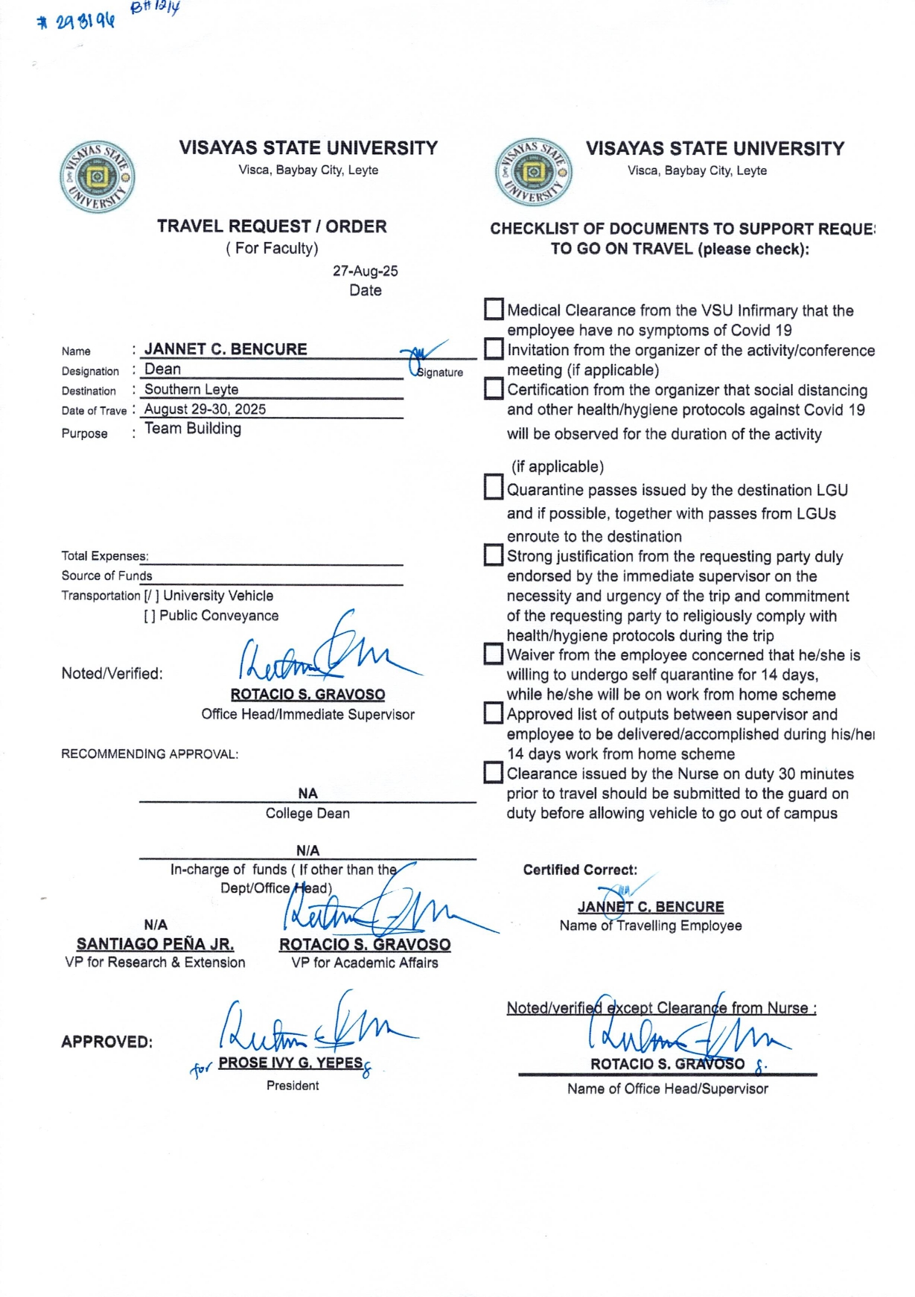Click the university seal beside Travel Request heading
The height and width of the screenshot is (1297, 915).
(x=97, y=177)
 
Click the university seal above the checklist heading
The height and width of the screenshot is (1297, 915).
(x=532, y=172)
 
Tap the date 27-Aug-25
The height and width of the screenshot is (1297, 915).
(x=365, y=271)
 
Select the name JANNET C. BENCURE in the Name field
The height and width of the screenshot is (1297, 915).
(x=226, y=349)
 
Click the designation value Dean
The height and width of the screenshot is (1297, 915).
(x=162, y=369)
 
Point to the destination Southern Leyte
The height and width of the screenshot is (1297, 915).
(x=191, y=389)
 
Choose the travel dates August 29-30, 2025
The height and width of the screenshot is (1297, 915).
(x=205, y=409)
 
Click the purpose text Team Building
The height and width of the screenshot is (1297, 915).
(x=193, y=429)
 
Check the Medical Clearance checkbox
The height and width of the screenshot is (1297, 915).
(x=494, y=309)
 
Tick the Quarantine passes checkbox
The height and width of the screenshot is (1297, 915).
(x=494, y=488)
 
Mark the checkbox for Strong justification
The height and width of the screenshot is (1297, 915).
(x=494, y=555)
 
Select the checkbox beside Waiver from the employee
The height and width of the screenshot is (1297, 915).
(x=494, y=654)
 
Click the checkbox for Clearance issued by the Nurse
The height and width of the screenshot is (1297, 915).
(x=494, y=773)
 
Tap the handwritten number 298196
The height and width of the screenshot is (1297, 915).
(x=77, y=21)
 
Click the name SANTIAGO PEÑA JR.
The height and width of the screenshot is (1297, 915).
(x=155, y=944)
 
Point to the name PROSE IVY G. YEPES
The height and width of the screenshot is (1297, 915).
(x=290, y=1063)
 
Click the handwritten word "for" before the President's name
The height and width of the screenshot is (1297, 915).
(x=201, y=1070)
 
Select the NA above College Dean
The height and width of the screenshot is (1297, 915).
(x=307, y=794)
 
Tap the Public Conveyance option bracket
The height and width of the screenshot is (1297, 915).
(x=150, y=616)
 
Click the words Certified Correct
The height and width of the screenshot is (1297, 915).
(x=580, y=870)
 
